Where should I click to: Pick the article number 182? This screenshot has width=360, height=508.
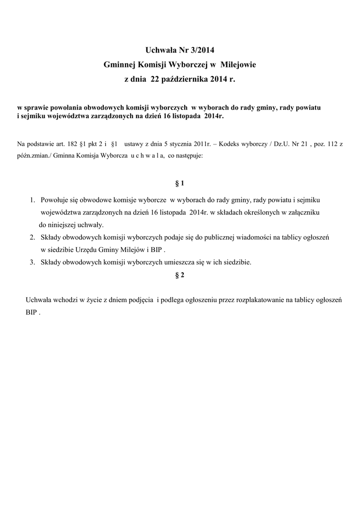(x=73, y=144)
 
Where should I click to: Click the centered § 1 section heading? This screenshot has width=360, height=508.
(x=180, y=183)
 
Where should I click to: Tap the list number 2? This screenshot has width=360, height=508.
(x=31, y=238)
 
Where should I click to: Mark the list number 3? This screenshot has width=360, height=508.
(x=31, y=262)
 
